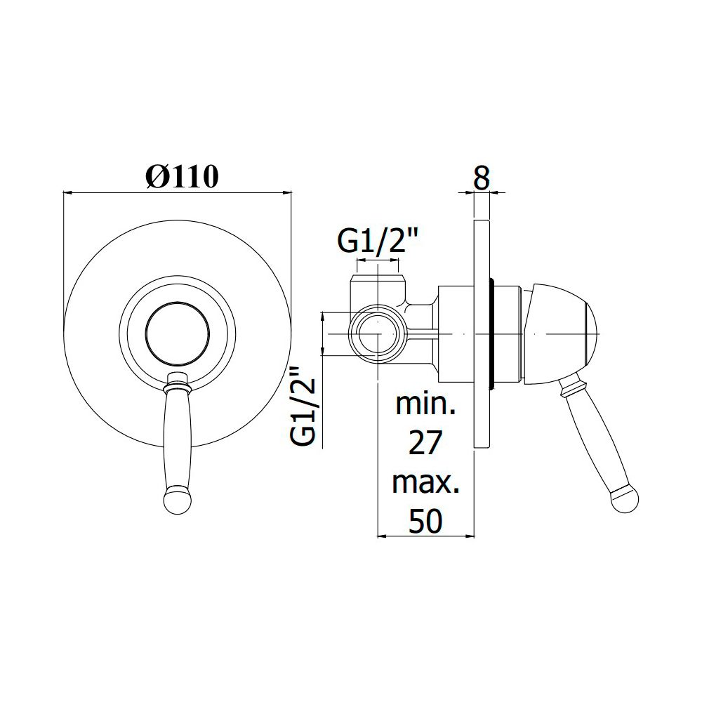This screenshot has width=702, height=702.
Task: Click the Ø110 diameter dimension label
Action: [x=183, y=176]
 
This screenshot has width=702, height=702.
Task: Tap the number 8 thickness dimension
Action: [x=482, y=178]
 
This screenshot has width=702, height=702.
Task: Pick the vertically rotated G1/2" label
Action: [x=303, y=406]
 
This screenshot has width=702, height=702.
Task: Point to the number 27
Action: [x=425, y=442]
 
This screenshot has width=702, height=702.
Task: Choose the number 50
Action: [x=426, y=521]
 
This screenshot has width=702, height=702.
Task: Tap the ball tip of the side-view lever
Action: [x=625, y=498]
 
